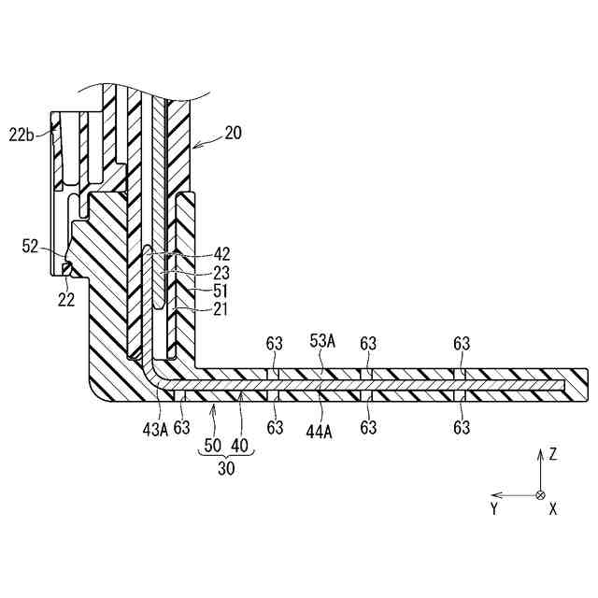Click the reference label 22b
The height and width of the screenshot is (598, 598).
pyautogui.click(x=22, y=135)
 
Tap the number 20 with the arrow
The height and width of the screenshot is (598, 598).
pyautogui.click(x=234, y=134)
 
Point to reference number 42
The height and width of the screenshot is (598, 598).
pyautogui.click(x=222, y=254)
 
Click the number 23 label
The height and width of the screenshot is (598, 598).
pyautogui.click(x=222, y=272)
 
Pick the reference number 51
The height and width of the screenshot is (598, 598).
pyautogui.click(x=222, y=291)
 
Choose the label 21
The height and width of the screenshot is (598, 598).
pyautogui.click(x=221, y=309)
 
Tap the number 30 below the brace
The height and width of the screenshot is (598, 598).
pyautogui.click(x=226, y=470)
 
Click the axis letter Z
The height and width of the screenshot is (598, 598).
pyautogui.click(x=553, y=455)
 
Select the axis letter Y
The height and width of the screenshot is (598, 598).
pyautogui.click(x=493, y=509)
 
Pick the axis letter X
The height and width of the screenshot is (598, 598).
pyautogui.click(x=553, y=509)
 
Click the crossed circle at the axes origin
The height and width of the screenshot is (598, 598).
pyautogui.click(x=540, y=494)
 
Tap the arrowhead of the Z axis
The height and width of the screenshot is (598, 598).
pyautogui.click(x=540, y=451)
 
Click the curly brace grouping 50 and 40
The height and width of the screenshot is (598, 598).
pyautogui.click(x=226, y=456)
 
